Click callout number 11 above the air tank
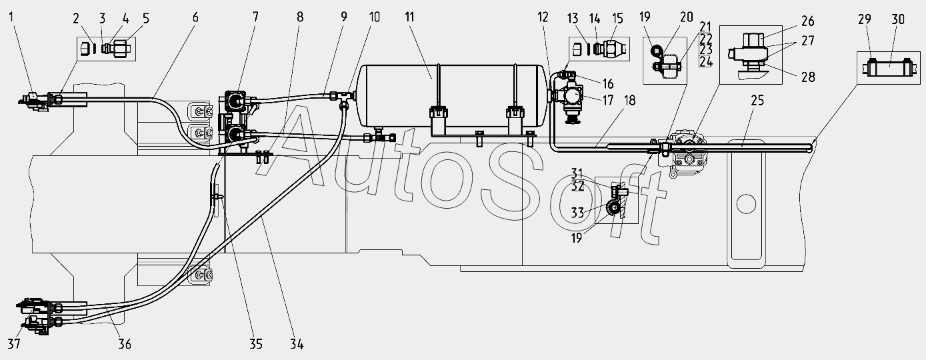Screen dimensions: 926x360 pyautogui.click(x=409, y=17)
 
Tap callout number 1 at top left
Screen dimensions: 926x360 pyautogui.click(x=11, y=17)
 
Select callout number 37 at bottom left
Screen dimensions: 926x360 pyautogui.click(x=14, y=343)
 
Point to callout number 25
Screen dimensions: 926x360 pyautogui.click(x=757, y=101)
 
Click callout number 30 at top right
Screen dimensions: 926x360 pyautogui.click(x=898, y=19)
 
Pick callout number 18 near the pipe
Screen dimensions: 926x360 pyautogui.click(x=629, y=101)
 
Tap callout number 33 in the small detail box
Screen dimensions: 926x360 pyautogui.click(x=577, y=213)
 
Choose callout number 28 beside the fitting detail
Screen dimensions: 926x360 pyautogui.click(x=808, y=77)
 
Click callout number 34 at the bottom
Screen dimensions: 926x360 pyautogui.click(x=297, y=344)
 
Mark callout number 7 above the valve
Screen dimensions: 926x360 pyautogui.click(x=255, y=17)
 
